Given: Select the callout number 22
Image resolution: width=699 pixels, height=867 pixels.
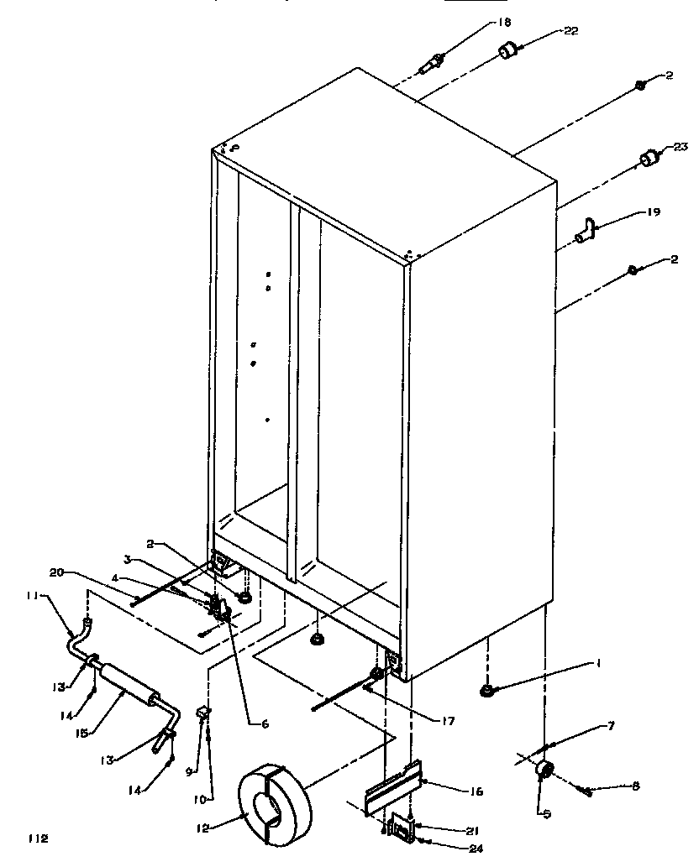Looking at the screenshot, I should point(571,31).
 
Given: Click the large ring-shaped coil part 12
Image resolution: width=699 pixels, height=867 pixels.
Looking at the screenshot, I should point(275,802).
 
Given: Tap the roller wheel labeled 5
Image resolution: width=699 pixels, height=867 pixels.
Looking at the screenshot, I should point(544,769).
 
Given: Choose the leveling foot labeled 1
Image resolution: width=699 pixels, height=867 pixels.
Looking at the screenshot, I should point(486,691).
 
